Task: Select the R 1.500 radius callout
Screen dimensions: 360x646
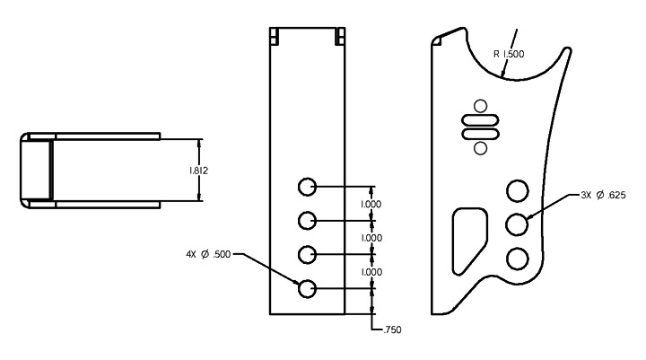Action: [510, 54]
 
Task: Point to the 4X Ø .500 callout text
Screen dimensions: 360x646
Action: [209, 254]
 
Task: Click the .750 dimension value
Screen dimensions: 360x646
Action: [391, 330]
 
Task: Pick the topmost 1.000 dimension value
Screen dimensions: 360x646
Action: [371, 204]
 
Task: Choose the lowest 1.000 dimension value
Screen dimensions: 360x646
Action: [371, 272]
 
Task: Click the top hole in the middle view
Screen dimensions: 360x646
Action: [307, 187]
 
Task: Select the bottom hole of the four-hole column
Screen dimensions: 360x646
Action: [307, 288]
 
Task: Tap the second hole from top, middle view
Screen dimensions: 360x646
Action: [307, 220]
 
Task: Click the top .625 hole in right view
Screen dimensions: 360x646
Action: [517, 190]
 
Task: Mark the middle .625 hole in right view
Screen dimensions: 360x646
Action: [517, 224]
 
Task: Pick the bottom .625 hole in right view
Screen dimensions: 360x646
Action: [517, 259]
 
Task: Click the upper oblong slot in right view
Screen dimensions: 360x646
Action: [480, 121]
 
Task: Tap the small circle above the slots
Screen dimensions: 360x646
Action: [480, 106]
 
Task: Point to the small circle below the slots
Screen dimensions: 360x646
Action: [480, 147]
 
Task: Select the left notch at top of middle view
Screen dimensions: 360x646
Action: [275, 36]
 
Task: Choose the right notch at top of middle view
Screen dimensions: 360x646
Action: [339, 36]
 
